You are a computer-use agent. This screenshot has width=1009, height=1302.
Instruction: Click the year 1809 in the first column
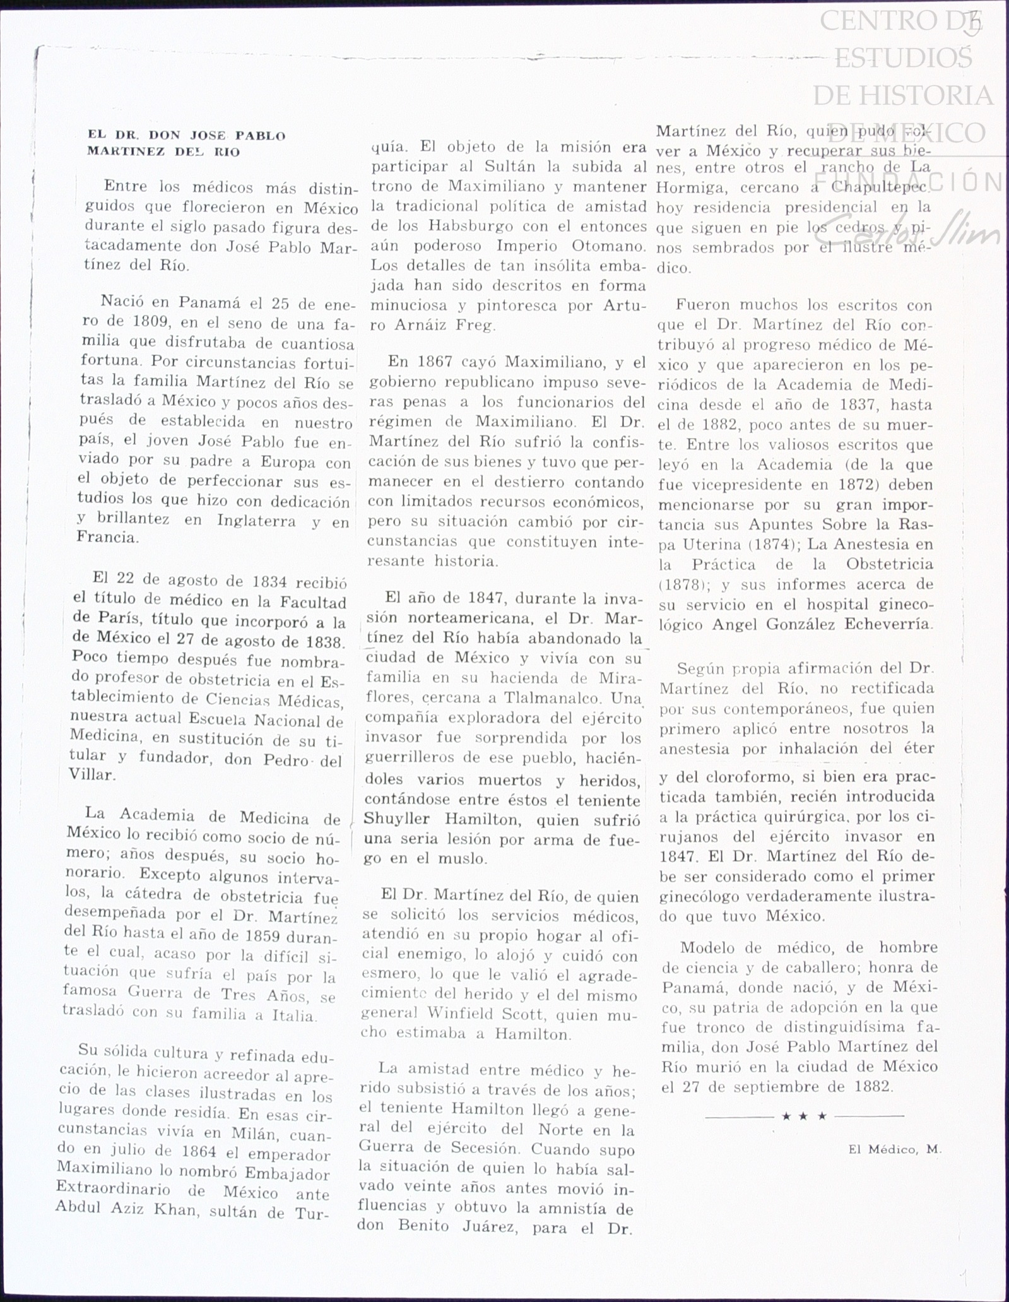pyautogui.click(x=148, y=323)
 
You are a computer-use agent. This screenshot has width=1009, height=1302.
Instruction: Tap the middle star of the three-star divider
pyautogui.click(x=804, y=1116)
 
